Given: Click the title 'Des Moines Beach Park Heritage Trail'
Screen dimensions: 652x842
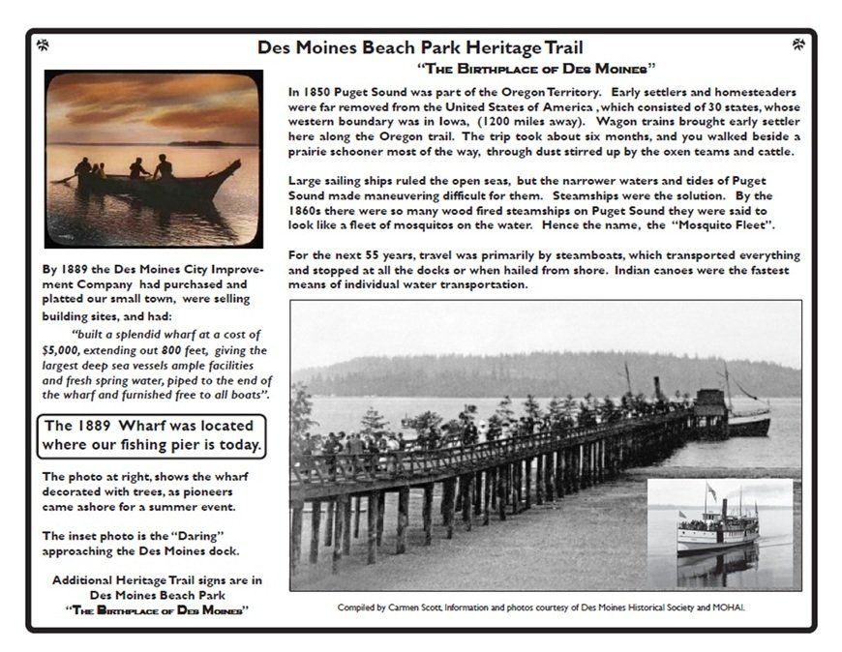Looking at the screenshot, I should pyautogui.click(x=420, y=46).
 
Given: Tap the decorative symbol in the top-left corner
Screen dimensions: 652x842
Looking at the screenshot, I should pyautogui.click(x=43, y=44).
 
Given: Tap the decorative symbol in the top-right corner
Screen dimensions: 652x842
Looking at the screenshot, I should pyautogui.click(x=798, y=44).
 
